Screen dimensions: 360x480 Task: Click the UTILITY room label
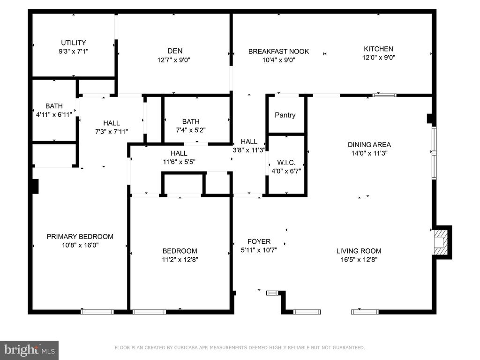pos(73,43)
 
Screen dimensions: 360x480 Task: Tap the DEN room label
pos(175,51)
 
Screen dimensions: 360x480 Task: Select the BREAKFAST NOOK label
pos(278,52)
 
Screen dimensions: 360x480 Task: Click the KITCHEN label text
pos(378,49)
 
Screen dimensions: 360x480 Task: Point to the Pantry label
pos(285,115)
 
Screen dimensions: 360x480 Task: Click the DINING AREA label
pos(369,145)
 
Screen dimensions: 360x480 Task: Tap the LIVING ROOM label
pos(359,251)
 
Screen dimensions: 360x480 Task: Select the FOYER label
pos(259,241)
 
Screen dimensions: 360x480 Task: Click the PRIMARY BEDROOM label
pos(80,237)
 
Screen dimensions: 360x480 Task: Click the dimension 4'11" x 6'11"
pos(54,114)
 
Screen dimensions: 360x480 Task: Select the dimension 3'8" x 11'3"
pos(249,150)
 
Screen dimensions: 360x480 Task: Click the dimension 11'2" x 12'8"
pos(180,259)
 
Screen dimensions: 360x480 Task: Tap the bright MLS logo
pos(29,350)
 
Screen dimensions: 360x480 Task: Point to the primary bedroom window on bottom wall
pos(97,311)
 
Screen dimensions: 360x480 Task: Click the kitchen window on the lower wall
pos(384,95)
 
